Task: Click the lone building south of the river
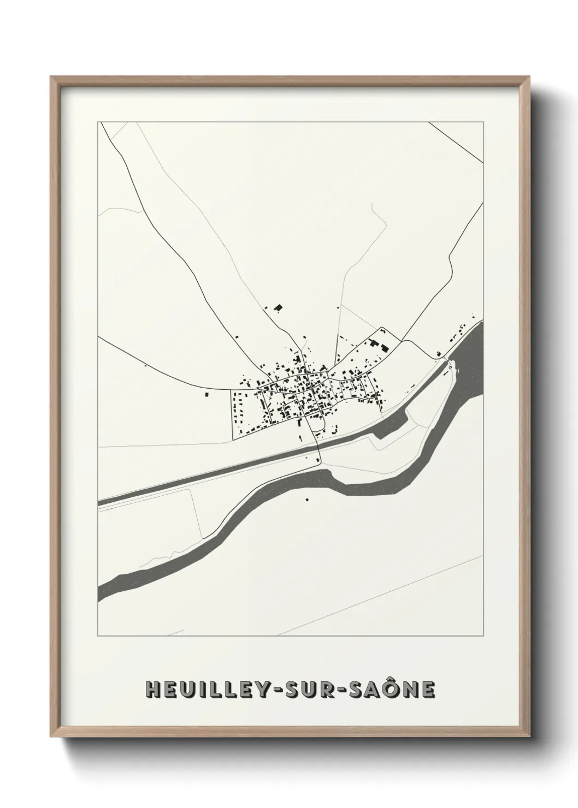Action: point(306,498)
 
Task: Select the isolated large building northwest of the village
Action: point(278,308)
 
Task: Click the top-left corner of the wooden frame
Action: point(51,77)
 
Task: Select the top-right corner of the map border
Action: point(483,122)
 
